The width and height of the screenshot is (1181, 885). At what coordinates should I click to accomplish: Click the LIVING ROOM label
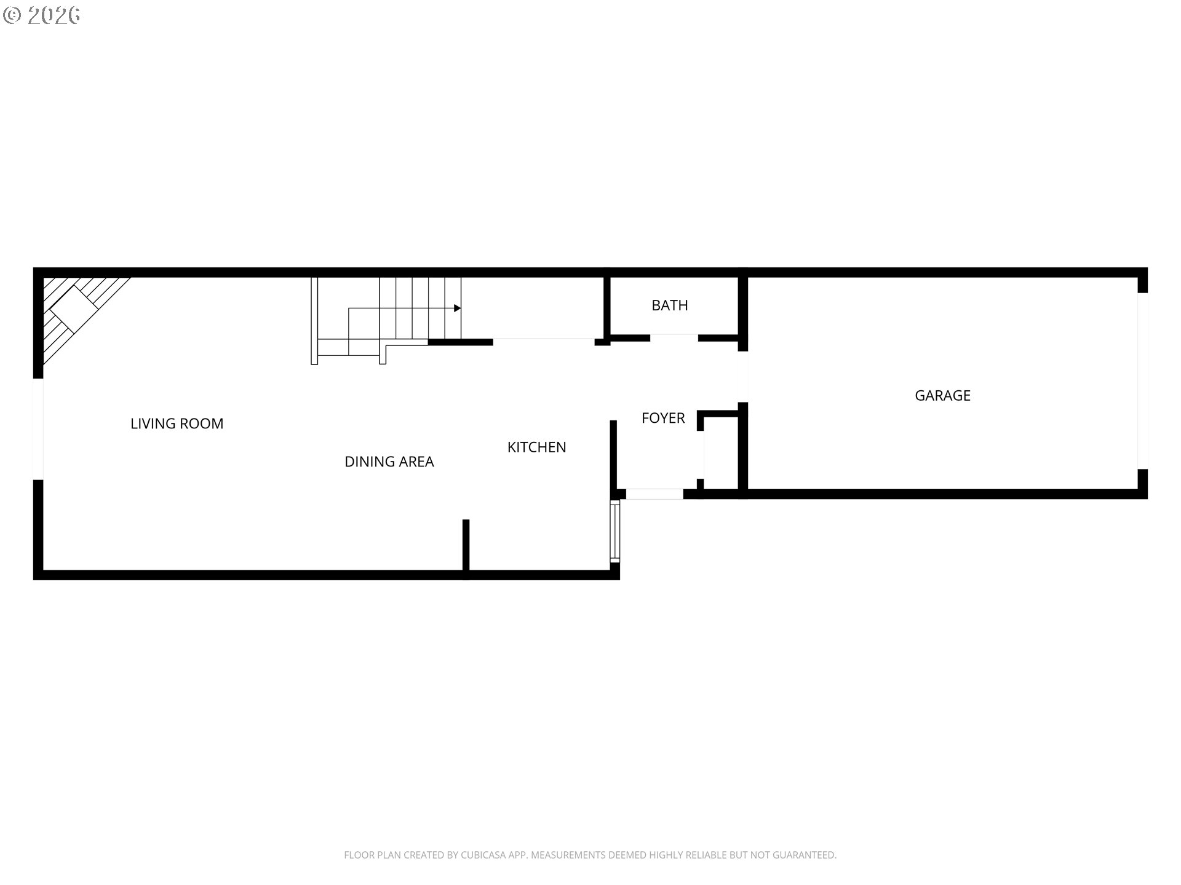(177, 423)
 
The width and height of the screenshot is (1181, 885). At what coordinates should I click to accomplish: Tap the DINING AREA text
(389, 462)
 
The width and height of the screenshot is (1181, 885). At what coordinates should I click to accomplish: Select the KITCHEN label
(536, 447)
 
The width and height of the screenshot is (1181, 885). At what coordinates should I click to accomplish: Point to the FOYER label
(663, 418)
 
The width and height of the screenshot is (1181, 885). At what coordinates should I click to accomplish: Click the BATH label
(670, 305)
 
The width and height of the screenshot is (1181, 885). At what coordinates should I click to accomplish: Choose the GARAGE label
(942, 396)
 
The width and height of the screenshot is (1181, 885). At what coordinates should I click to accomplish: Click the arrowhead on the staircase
(457, 308)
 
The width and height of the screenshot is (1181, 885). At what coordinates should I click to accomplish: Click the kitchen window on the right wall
(615, 531)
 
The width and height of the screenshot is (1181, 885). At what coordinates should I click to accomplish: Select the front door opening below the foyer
(654, 494)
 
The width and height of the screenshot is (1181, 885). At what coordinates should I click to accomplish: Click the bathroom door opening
(674, 337)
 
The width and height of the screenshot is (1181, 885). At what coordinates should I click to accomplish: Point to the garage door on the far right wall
(1143, 381)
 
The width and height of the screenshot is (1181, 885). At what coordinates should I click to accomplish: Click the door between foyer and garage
(742, 377)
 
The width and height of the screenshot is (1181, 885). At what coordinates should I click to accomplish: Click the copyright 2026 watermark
(42, 15)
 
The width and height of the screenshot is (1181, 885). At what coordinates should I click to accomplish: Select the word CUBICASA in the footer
(483, 855)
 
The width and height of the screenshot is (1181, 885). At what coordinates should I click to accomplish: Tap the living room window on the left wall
(38, 429)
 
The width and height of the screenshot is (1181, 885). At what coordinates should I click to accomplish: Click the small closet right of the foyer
(720, 454)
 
